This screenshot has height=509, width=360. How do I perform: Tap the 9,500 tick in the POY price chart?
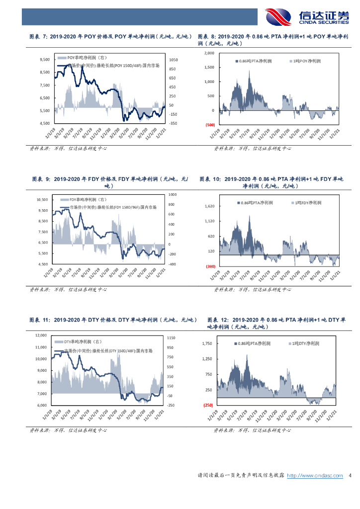point(44,60)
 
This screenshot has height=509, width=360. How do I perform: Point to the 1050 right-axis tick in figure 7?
point(173,60)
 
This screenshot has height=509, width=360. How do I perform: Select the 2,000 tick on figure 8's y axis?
point(209,53)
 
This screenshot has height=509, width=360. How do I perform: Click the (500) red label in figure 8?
point(209,125)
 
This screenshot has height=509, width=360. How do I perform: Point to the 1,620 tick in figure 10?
point(209,206)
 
